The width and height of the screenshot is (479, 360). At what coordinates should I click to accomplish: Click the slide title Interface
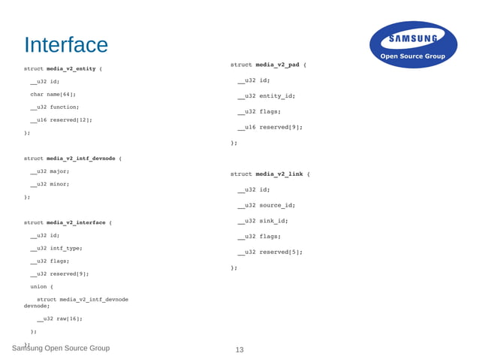(x=66, y=44)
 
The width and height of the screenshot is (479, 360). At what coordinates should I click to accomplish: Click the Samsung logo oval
(x=413, y=44)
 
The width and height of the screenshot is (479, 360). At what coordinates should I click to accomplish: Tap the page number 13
(x=239, y=349)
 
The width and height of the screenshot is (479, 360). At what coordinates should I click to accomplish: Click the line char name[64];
(x=53, y=94)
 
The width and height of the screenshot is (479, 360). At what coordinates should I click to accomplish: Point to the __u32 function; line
(x=54, y=107)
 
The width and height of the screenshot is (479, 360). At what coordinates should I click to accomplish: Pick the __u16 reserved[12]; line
(x=60, y=119)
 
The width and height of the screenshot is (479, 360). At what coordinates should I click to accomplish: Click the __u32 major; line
(x=50, y=171)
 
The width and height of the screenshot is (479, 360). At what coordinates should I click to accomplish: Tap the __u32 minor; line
(x=50, y=184)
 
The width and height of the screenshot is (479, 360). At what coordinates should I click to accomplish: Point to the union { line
(x=41, y=286)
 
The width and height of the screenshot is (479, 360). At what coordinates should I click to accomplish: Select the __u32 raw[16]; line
(x=59, y=318)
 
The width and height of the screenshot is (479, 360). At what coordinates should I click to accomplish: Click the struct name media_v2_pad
(x=277, y=65)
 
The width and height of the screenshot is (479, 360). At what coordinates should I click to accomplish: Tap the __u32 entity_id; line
(x=266, y=96)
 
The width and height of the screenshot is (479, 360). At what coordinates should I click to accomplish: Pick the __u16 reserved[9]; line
(x=270, y=127)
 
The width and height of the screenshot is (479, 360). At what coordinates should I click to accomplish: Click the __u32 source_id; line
(x=266, y=205)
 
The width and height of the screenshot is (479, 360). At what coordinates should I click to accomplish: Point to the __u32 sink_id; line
(x=262, y=221)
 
